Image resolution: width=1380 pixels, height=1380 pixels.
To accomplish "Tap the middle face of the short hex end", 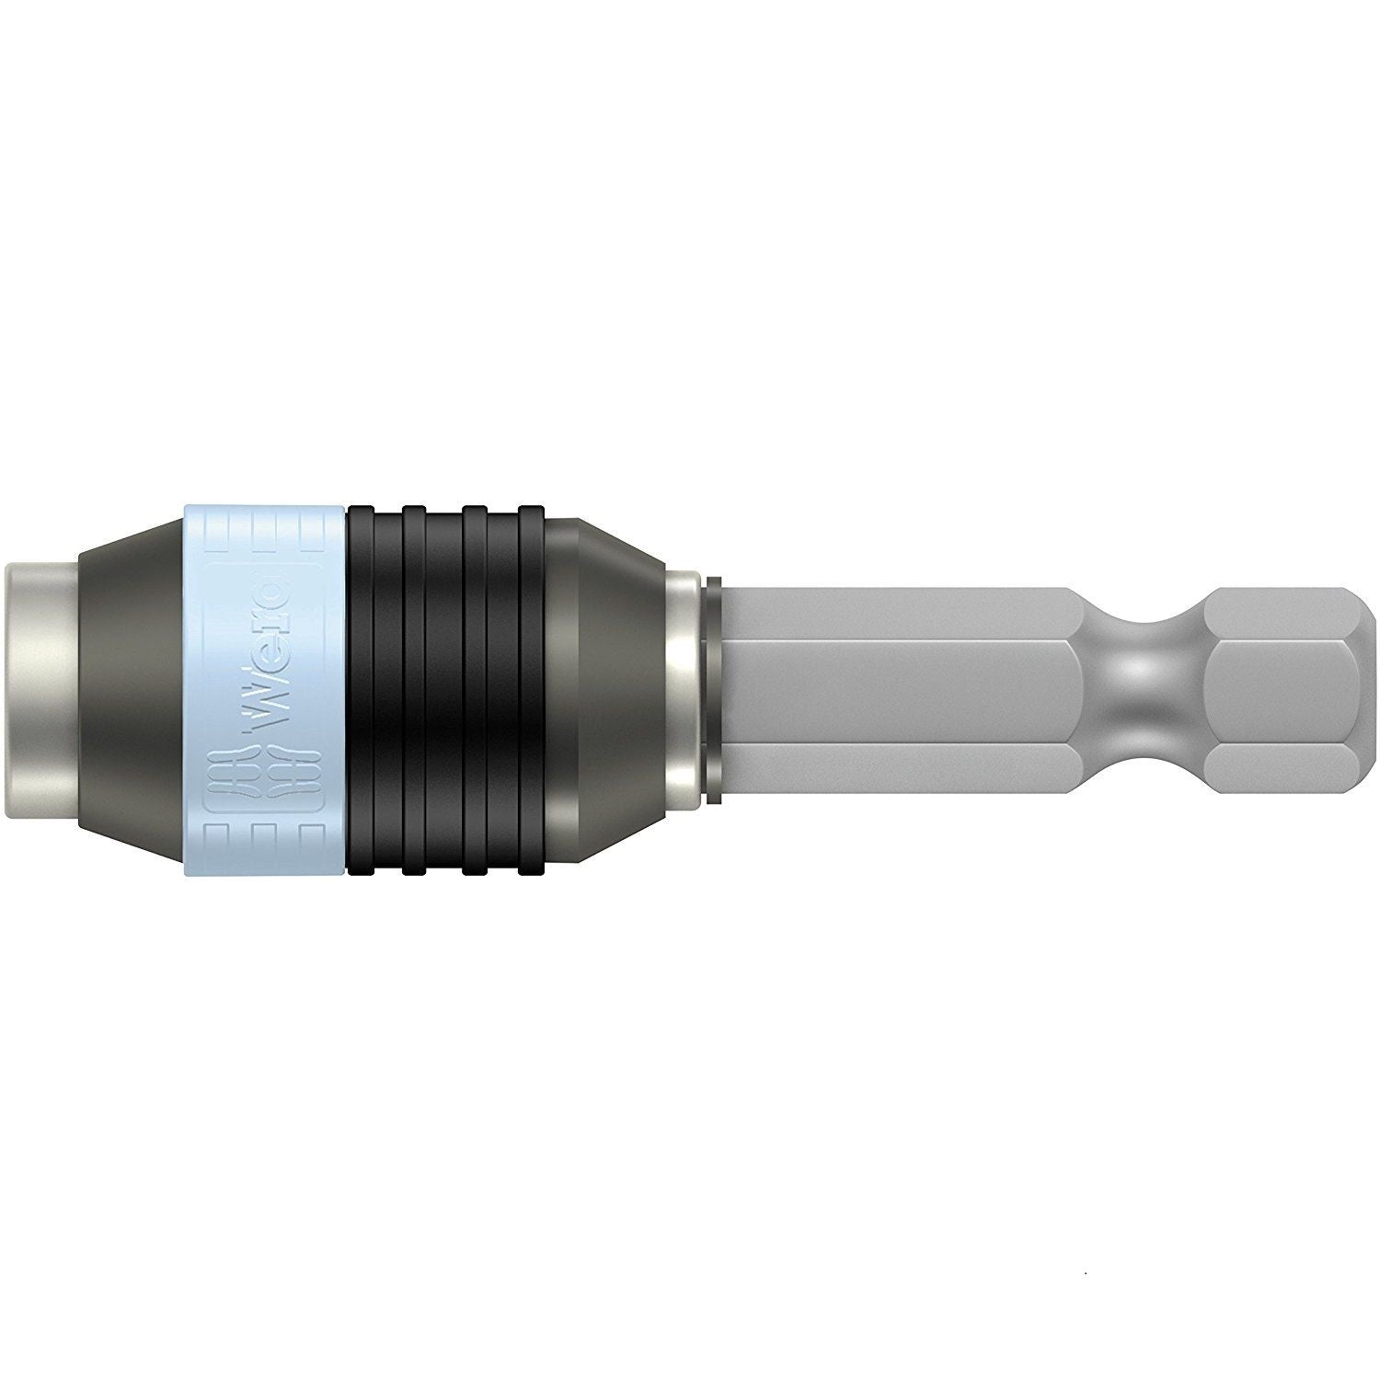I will [x=1288, y=690].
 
